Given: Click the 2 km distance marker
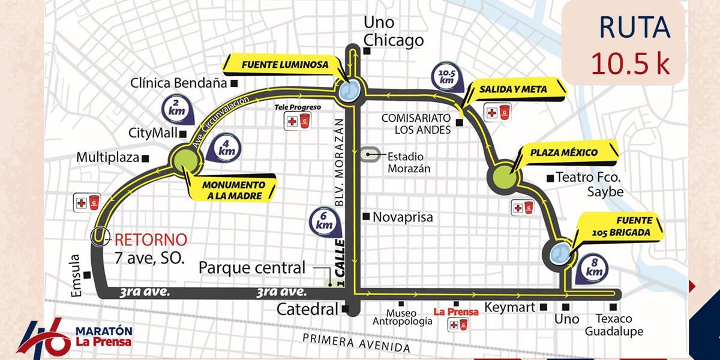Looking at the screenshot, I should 176,110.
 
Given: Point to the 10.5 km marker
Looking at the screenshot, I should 446,77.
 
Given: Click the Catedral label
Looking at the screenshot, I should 308,310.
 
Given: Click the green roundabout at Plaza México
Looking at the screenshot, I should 505,176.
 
